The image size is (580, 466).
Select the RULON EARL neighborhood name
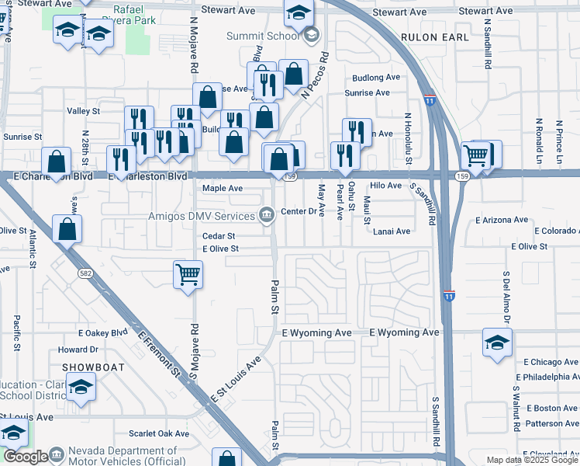[435, 37]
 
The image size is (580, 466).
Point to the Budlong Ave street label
[375, 78]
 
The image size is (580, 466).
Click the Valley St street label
[84, 111]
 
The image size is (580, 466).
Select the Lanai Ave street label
[392, 231]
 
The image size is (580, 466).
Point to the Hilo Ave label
[385, 186]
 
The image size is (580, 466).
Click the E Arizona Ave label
[502, 221]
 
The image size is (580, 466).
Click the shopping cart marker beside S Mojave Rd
[188, 274]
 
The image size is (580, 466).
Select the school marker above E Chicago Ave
[497, 343]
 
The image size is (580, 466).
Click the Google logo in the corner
[26, 457]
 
